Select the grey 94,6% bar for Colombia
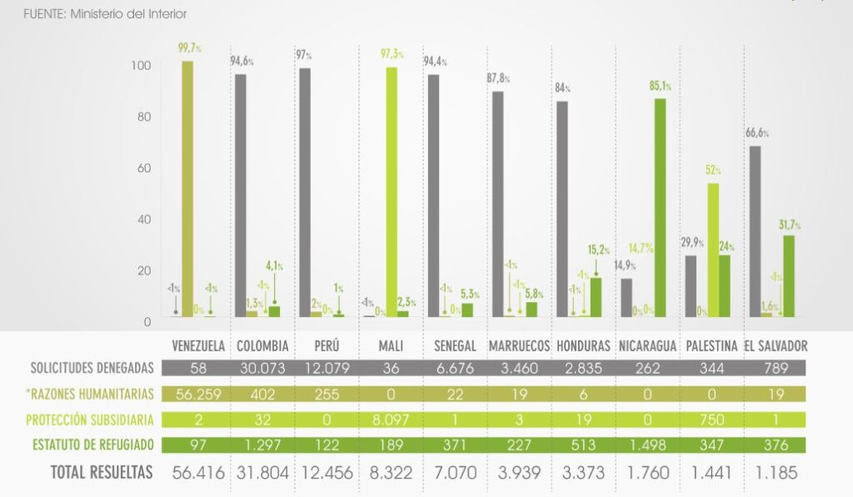240,196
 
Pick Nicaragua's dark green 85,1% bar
661,207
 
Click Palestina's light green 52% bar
713,250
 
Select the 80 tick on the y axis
145,117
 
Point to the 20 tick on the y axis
145,271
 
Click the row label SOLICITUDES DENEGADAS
92,368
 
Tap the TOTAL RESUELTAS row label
102,473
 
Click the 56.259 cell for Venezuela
197,394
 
